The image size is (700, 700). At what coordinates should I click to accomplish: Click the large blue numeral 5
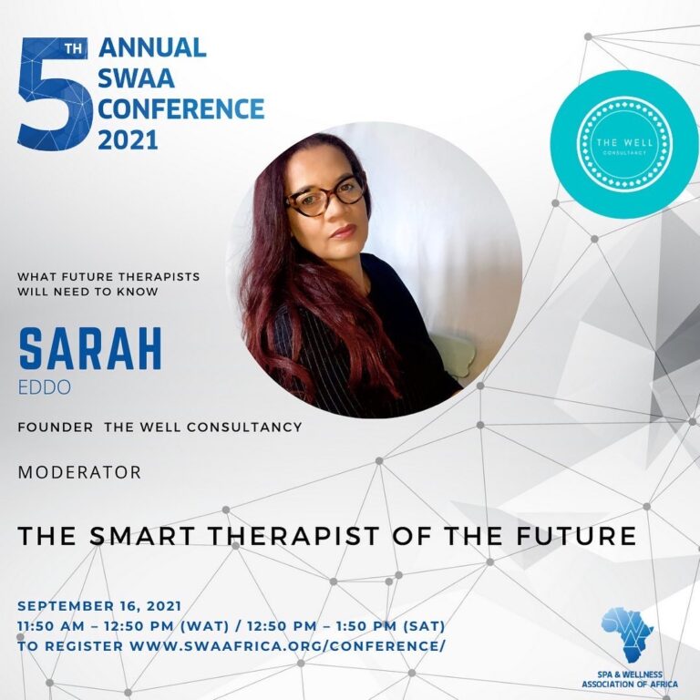55,95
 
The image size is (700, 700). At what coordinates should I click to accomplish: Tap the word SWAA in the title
136,78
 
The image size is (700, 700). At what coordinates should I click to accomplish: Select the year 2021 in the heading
129,139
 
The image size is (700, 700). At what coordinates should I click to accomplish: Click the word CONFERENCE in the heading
181,109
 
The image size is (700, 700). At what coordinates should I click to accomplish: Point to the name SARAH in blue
90,350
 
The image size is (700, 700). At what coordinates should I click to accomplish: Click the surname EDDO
44,387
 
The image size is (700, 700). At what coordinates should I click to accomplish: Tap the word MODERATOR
79,472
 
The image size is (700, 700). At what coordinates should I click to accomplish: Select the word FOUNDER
56,427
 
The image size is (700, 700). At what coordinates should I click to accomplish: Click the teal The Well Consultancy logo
623,144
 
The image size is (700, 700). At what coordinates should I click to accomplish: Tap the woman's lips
344,232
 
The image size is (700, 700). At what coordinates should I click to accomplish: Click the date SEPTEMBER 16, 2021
99,606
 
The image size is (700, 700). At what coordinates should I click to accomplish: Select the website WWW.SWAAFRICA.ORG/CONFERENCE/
287,646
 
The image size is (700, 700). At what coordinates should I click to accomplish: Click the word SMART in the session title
144,536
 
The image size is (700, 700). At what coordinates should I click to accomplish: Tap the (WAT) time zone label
204,626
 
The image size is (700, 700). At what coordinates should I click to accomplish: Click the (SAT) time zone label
424,626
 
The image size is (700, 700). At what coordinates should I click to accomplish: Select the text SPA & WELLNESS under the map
630,674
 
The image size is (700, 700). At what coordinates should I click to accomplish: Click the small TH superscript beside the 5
74,47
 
